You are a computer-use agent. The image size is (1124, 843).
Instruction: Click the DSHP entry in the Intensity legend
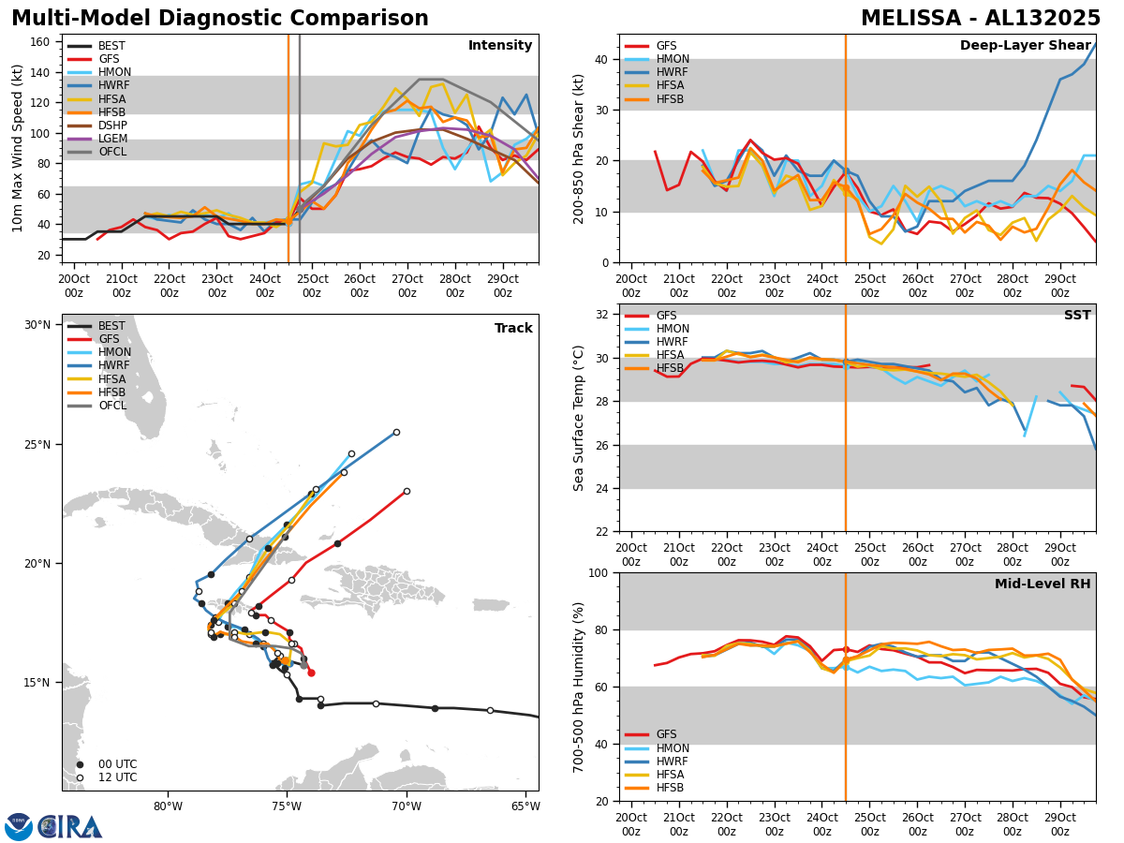pyautogui.click(x=112, y=125)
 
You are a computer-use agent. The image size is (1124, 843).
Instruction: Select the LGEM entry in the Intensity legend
pyautogui.click(x=112, y=138)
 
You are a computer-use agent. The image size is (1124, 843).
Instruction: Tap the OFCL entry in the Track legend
pyautogui.click(x=112, y=406)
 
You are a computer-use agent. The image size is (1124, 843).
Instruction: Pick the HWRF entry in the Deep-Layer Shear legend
pyautogui.click(x=670, y=72)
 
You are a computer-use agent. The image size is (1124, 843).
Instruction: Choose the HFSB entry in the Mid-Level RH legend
pyautogui.click(x=670, y=788)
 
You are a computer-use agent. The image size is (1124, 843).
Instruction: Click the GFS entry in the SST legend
pyautogui.click(x=666, y=316)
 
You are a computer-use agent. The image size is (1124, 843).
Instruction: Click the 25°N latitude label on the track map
pyautogui.click(x=37, y=444)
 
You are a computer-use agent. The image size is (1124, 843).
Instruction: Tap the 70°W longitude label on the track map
pyautogui.click(x=406, y=806)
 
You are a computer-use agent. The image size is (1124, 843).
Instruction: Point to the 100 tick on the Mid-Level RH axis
pyautogui.click(x=600, y=572)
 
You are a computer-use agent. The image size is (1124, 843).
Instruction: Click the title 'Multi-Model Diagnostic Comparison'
pyautogui.click(x=220, y=19)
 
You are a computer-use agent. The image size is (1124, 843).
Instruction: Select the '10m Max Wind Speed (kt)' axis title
pyautogui.click(x=18, y=148)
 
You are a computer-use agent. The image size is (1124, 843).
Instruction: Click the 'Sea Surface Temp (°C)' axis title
pyautogui.click(x=579, y=418)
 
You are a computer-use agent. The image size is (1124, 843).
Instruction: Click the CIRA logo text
pyautogui.click(x=70, y=826)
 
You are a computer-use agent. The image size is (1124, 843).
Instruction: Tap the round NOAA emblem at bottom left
pyautogui.click(x=18, y=826)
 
